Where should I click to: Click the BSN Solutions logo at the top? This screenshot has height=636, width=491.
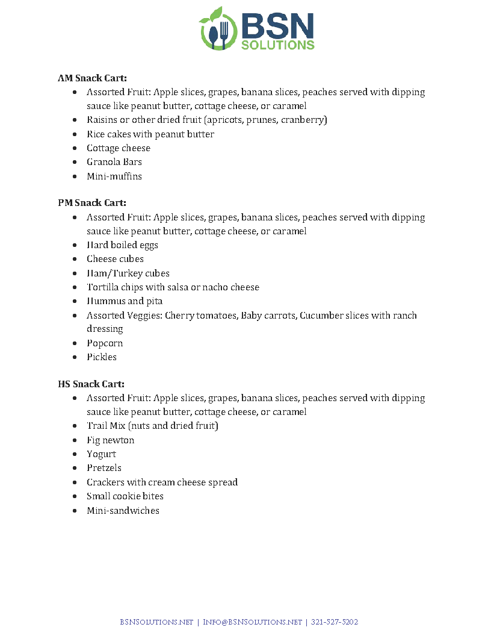[257, 29]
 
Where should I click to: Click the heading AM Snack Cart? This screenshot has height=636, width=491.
[92, 78]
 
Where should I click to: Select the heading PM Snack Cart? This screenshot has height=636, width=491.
[92, 203]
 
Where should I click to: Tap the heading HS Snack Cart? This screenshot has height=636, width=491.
[91, 384]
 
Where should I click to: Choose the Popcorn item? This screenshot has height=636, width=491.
[105, 343]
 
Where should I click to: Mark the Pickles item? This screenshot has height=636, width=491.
[102, 357]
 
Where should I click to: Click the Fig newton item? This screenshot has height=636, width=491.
[110, 440]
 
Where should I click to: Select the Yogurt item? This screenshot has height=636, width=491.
[101, 454]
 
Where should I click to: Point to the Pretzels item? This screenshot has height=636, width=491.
[104, 468]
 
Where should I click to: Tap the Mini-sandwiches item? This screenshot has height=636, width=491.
[123, 511]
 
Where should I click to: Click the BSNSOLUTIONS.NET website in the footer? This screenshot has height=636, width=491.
[156, 622]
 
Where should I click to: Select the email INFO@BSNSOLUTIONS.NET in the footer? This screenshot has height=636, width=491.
[252, 622]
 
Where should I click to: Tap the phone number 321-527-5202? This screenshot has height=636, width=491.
[335, 622]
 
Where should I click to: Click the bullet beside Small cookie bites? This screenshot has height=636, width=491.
[74, 496]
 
